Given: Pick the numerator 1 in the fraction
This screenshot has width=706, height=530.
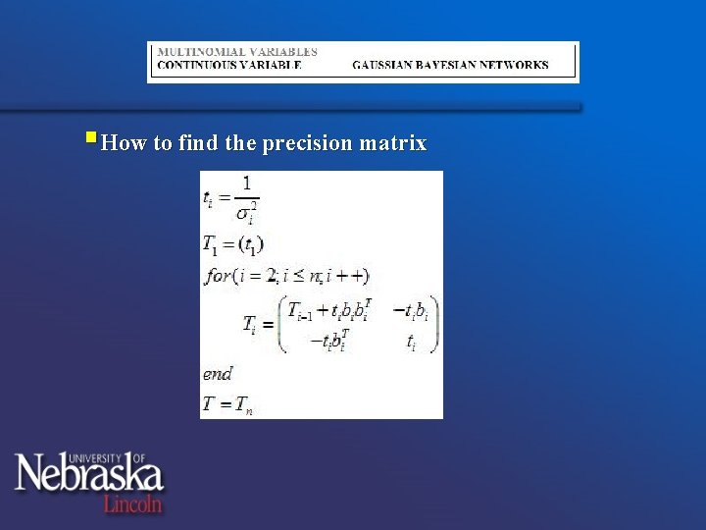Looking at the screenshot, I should click(x=246, y=183).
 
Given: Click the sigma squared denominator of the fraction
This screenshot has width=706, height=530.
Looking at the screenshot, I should click(x=246, y=212).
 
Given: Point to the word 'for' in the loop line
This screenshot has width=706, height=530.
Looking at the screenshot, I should click(x=218, y=276).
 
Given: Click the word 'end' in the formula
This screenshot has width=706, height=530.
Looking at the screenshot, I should click(x=218, y=373).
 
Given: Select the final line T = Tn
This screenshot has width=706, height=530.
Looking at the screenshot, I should click(x=227, y=403).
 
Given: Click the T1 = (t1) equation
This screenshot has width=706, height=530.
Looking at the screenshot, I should click(x=233, y=243).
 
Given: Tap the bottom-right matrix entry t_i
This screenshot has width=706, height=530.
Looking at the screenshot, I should click(x=411, y=341).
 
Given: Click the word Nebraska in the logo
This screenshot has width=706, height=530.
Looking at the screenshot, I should click(x=88, y=475).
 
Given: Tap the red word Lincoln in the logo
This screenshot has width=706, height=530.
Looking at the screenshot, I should click(x=132, y=503).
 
